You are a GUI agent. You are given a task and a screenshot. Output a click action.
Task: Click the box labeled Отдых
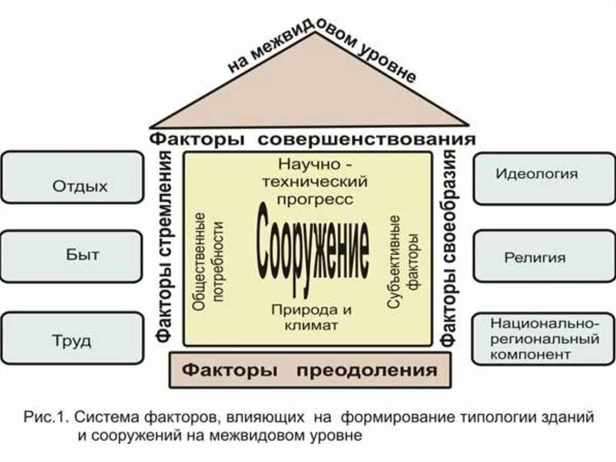(72, 186)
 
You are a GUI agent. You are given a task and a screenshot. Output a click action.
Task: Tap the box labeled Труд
(72, 339)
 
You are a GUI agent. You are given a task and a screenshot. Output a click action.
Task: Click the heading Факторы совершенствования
(312, 139)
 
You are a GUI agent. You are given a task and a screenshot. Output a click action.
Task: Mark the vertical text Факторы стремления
(165, 247)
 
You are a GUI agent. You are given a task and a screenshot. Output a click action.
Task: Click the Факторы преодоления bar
(309, 369)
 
